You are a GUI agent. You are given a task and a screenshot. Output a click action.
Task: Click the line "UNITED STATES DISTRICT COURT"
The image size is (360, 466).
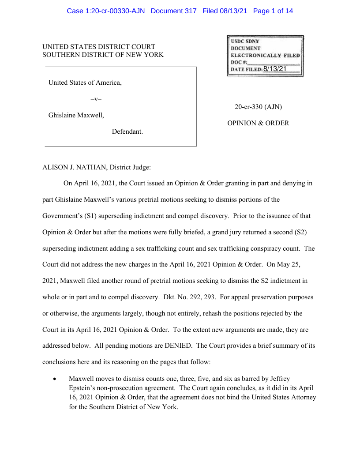(99, 47)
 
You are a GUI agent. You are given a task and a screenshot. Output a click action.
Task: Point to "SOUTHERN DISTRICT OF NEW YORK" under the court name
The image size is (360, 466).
(103, 55)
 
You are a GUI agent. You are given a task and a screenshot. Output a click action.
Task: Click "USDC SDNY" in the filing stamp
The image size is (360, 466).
(245, 41)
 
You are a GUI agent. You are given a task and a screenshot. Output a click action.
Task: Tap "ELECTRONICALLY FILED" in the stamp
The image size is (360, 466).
(265, 55)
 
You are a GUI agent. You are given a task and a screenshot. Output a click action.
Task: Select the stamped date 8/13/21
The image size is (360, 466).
(275, 69)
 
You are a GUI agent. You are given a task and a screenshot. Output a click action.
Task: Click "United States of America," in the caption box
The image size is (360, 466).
(85, 83)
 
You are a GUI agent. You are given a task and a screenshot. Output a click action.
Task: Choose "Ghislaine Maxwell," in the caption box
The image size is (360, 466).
(76, 116)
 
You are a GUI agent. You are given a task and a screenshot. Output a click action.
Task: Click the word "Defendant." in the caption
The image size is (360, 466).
(127, 132)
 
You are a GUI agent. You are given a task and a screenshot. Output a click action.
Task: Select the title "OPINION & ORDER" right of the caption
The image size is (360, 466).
(258, 123)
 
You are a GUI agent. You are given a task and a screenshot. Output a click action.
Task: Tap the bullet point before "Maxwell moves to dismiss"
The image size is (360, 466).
(54, 379)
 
